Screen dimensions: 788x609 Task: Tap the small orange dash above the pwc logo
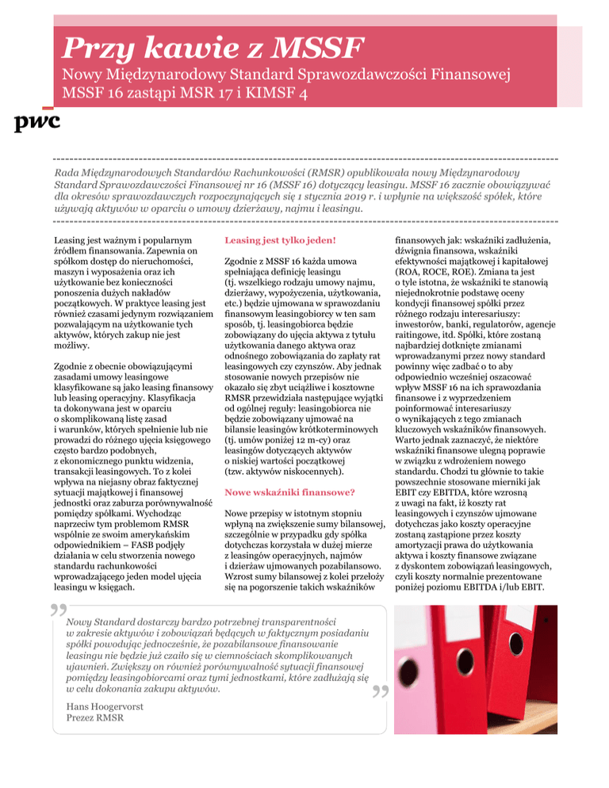(47, 105)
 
